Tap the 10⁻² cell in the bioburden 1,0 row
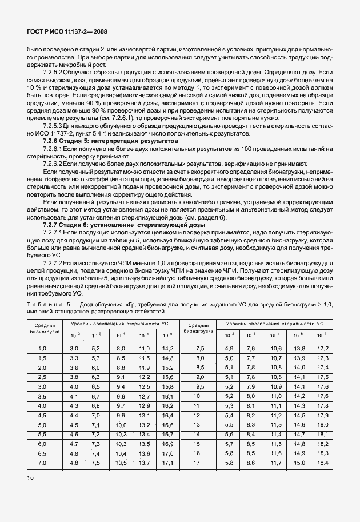tap(74, 348)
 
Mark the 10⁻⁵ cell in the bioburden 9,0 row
tap(298, 377)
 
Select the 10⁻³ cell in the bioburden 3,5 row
tap(95, 396)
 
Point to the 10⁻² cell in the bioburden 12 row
tap(229, 415)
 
